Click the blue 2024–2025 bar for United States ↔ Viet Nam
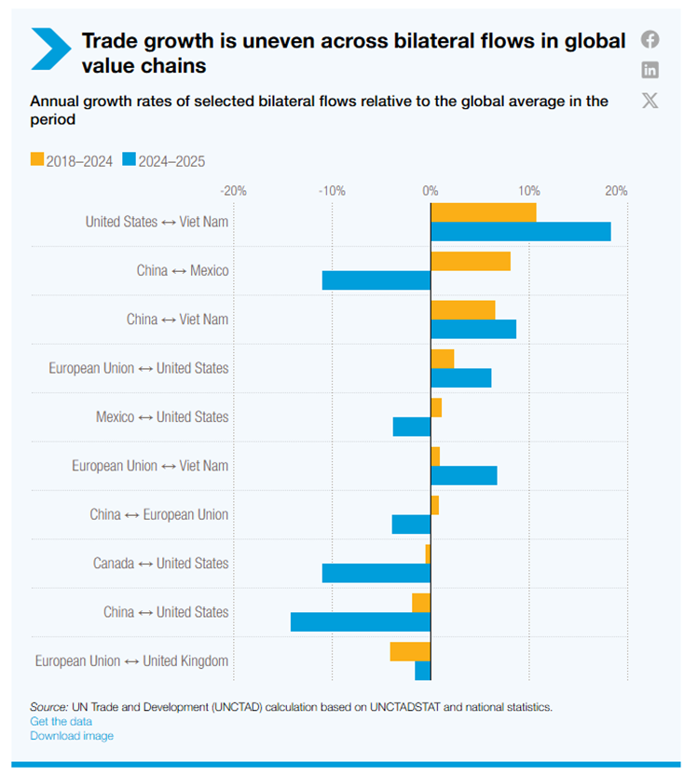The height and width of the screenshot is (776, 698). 520,232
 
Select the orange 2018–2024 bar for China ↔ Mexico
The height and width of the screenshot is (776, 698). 471,261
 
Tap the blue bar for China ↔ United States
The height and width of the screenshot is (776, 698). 361,621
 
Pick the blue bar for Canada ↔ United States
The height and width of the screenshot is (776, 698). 376,573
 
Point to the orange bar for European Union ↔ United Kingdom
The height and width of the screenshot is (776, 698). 410,651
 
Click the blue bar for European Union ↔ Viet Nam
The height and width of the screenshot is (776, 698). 463,475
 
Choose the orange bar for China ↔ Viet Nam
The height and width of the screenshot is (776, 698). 463,310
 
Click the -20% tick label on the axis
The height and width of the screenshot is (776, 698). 233,191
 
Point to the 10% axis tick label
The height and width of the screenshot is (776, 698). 528,191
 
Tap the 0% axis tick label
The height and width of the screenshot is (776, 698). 431,191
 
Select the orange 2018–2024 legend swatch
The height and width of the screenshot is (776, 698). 36,160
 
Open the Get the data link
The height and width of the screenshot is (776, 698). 61,721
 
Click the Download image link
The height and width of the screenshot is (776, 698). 72,736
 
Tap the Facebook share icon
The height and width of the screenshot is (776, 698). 650,39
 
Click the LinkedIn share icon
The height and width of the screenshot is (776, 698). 650,69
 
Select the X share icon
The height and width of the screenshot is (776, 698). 650,100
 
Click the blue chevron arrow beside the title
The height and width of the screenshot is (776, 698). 50,48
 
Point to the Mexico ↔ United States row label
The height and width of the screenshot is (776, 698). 161,417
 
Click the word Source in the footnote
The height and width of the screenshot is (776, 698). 48,707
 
